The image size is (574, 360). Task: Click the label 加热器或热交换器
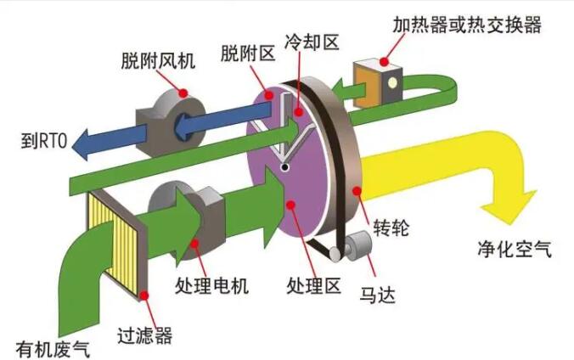[x=467, y=25]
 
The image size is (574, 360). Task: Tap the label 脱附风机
[x=158, y=60]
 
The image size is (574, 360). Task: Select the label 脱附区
[x=247, y=53]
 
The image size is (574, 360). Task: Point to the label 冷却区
[x=312, y=42]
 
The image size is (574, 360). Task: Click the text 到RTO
[x=44, y=141]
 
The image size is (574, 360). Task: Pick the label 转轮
[x=391, y=228]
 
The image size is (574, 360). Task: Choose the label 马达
[x=378, y=295]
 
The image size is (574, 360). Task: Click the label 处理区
[x=313, y=285]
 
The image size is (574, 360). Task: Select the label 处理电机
[x=211, y=285]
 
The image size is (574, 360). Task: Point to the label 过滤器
[x=144, y=335]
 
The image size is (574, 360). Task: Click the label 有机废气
[x=53, y=349]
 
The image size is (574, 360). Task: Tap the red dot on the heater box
[x=384, y=61]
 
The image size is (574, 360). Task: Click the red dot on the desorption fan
[x=183, y=93]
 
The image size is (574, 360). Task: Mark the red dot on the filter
[x=144, y=295]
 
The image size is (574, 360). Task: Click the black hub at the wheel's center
[x=284, y=167]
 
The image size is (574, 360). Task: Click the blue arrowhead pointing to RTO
[x=81, y=144]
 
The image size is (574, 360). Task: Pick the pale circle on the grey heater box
[x=393, y=82]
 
